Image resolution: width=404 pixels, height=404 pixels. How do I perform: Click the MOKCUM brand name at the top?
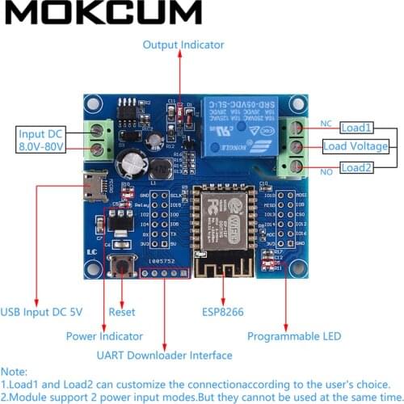click(x=101, y=12)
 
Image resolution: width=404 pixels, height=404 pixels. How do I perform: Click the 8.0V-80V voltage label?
click(x=43, y=146)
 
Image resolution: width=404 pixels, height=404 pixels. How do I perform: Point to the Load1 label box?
click(x=356, y=128)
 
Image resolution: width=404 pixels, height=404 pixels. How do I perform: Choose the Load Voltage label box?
click(x=356, y=146)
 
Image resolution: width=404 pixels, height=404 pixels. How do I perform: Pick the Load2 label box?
click(x=356, y=167)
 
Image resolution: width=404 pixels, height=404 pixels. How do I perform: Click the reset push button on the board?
click(x=124, y=265)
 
